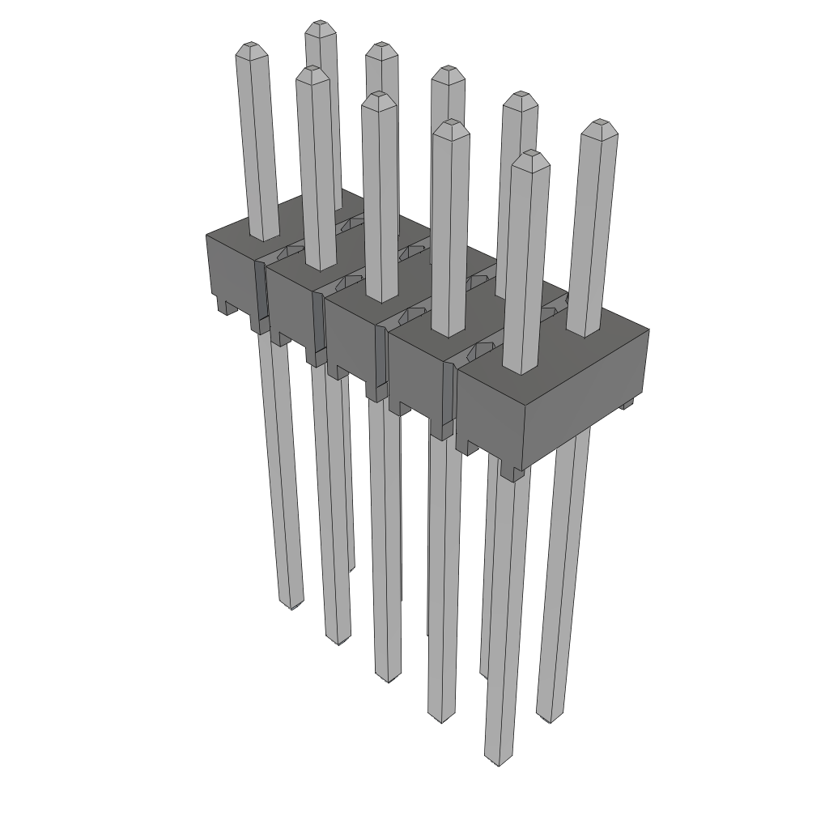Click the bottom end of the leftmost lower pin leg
290,603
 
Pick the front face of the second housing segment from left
290,304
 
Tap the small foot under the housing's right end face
625,403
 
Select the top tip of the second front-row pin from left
312,72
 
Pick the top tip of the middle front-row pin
379,97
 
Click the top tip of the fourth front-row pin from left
451,125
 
